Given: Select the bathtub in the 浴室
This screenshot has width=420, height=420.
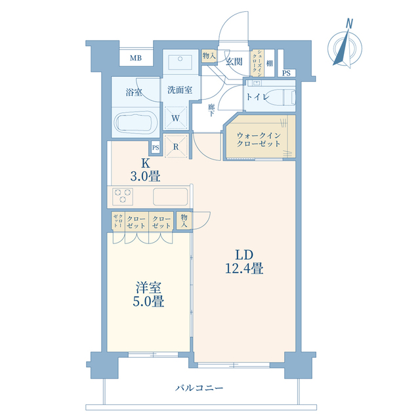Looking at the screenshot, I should (134, 123).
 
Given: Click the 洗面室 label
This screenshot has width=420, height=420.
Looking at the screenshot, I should (178, 91).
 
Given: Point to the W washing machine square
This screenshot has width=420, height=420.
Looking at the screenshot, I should (176, 118).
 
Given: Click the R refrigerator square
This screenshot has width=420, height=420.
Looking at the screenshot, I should (177, 147).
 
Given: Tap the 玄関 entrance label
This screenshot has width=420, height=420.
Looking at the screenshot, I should (234, 62).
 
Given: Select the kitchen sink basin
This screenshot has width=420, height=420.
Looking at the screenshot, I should (171, 196).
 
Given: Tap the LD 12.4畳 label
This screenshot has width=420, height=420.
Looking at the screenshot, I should (241, 261).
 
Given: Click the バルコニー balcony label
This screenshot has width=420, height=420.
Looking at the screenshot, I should (199, 388).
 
